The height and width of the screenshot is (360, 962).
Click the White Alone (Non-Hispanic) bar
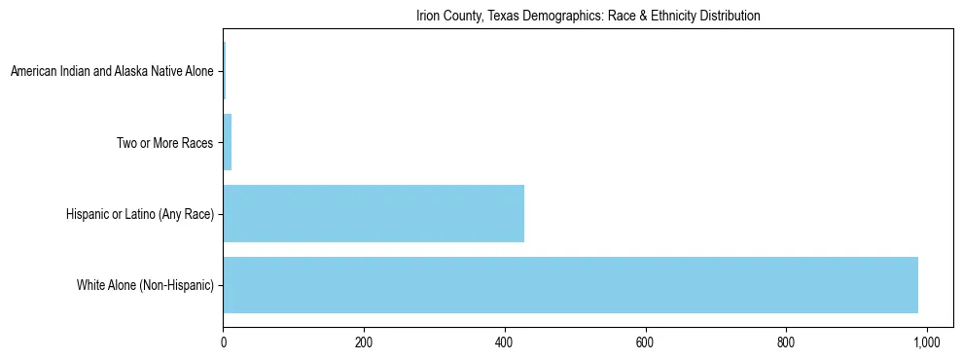pos(570,285)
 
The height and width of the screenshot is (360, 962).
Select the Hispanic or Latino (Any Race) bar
pos(374,213)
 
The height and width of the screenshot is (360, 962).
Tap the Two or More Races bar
pos(228,142)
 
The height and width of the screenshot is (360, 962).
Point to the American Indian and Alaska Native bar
pos(225,71)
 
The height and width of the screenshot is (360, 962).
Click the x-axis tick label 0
pos(224,342)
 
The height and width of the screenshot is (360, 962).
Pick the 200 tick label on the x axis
pos(364,342)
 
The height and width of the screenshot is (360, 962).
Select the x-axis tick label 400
pos(505,342)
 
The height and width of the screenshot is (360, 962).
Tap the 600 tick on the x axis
pos(645,342)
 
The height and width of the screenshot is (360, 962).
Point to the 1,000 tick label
pos(926,342)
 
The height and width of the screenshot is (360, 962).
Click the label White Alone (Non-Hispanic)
pos(145,285)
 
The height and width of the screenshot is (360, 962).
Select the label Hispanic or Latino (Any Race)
pos(139,214)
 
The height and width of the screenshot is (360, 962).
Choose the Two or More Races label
pos(164,143)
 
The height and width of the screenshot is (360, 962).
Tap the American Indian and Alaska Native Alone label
pos(111,71)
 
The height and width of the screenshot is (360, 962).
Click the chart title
pos(588,17)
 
